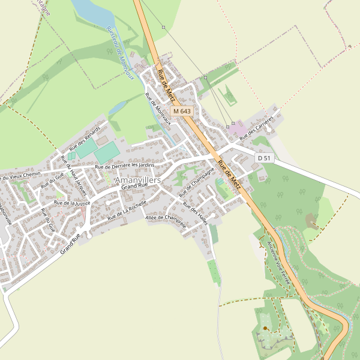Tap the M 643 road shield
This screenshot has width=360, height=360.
[182, 112]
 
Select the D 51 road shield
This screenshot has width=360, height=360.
[263, 158]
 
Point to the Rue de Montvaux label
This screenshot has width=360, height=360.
[158, 108]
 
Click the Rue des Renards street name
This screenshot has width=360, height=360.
[85, 139]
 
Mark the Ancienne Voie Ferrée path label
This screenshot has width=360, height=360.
[278, 262]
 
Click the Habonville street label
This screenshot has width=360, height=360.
[5, 214]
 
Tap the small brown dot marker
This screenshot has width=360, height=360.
[265, 328]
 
